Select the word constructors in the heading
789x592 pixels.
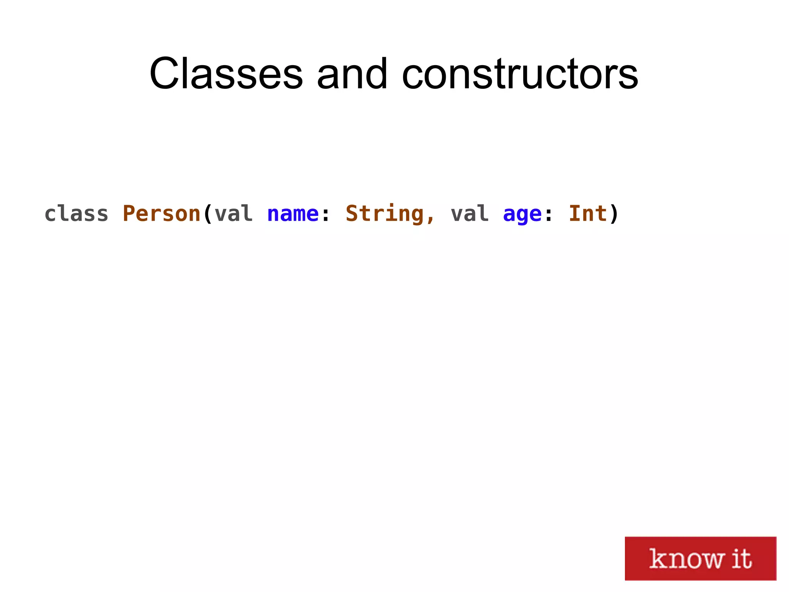[x=520, y=74]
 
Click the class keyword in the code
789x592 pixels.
[x=76, y=214]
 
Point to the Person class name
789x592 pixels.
[x=161, y=214]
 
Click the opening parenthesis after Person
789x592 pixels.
[x=208, y=214]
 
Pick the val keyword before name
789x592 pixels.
[x=233, y=214]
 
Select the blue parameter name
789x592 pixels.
[x=293, y=214]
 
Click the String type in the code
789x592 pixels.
[x=384, y=214]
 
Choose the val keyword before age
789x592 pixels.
[x=470, y=214]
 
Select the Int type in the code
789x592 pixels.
[x=588, y=214]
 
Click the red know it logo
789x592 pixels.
[x=700, y=558]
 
